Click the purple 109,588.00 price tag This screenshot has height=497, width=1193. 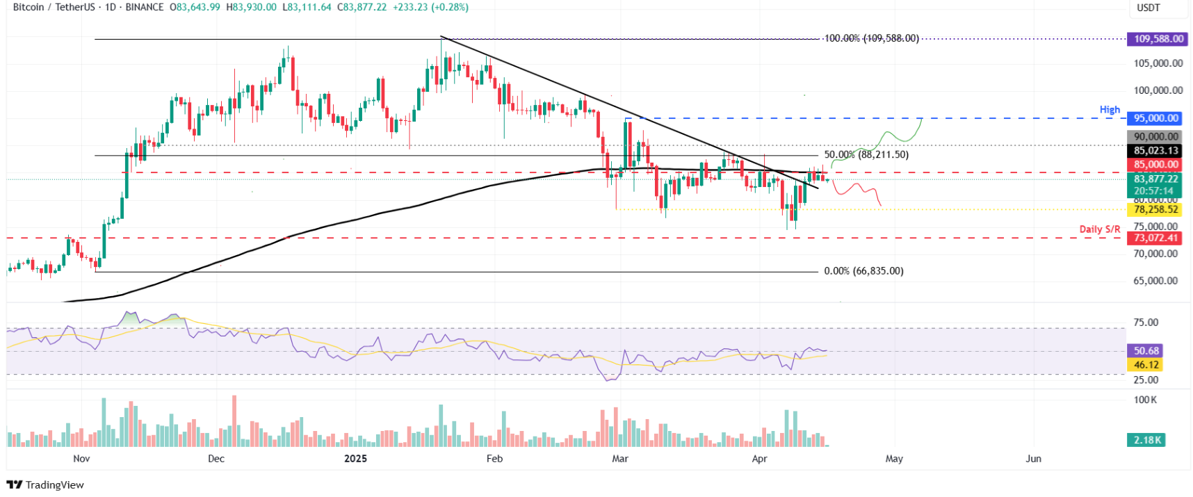(x=1158, y=39)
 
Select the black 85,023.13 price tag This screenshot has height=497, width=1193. (x=1155, y=151)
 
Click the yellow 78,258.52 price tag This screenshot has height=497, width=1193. (x=1155, y=209)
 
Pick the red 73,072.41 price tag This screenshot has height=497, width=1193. (x=1155, y=238)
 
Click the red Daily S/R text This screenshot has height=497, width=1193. (x=1099, y=229)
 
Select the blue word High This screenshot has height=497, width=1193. (x=1110, y=110)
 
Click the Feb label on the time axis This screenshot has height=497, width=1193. (x=494, y=459)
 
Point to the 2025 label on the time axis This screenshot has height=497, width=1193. (x=355, y=459)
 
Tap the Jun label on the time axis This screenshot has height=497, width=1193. (x=1033, y=459)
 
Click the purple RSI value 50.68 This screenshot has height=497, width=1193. (x=1146, y=351)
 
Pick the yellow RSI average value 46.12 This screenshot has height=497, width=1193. (x=1146, y=365)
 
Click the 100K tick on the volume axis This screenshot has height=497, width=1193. (x=1145, y=400)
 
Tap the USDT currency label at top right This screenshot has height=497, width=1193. (x=1148, y=8)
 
